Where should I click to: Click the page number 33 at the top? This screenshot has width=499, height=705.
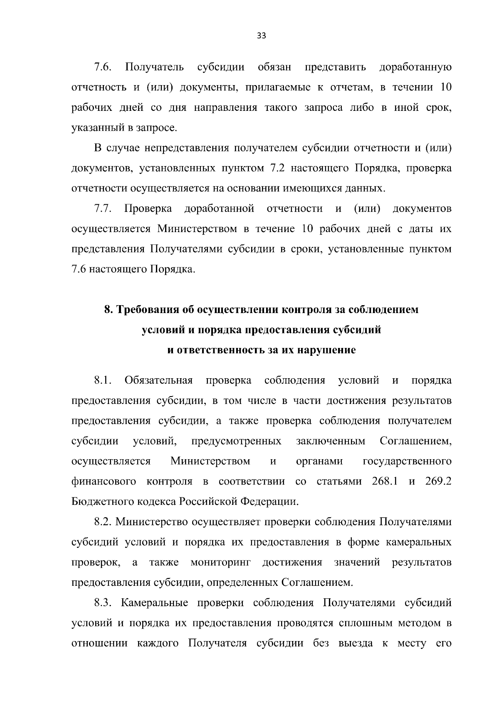[x=261, y=35]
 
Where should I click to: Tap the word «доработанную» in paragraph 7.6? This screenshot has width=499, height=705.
[x=415, y=67]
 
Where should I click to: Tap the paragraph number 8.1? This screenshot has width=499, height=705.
[x=103, y=380]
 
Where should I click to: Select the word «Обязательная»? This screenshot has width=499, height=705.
[x=158, y=380]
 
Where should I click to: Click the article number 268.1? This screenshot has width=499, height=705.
[x=385, y=481]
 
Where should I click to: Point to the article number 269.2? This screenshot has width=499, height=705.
[x=439, y=481]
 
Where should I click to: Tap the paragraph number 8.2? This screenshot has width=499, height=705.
[x=103, y=521]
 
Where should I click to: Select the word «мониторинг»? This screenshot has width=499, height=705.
[x=221, y=563]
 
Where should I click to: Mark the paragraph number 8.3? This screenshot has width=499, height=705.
[x=103, y=603]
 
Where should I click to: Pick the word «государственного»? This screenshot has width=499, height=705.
[x=407, y=461]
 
